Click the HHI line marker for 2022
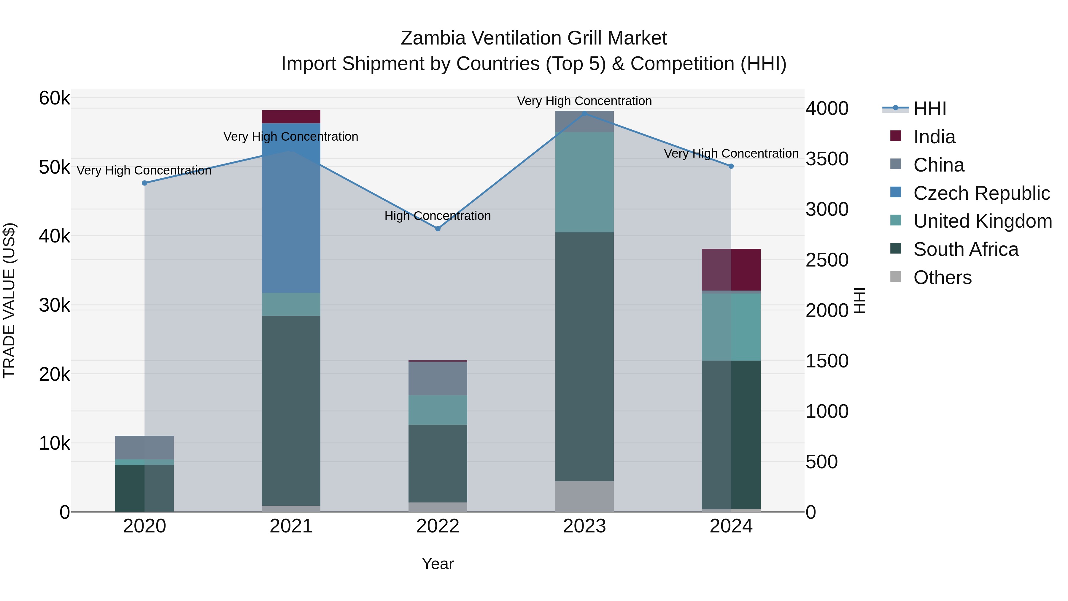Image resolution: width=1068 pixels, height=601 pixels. [438, 229]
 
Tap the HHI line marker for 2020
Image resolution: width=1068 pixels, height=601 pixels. [145, 183]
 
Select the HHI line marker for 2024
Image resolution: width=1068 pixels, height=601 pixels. [731, 166]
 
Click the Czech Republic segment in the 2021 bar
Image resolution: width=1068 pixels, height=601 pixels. [291, 207]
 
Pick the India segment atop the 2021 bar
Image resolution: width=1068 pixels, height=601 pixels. [291, 117]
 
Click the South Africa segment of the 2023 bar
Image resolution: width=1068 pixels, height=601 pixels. [584, 357]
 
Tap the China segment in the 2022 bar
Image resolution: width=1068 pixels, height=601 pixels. [438, 378]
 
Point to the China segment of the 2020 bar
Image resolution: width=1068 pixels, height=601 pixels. [145, 447]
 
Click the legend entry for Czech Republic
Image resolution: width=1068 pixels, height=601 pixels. [981, 193]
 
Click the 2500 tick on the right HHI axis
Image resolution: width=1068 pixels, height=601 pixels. [827, 261]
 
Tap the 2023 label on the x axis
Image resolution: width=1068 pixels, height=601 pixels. [584, 526]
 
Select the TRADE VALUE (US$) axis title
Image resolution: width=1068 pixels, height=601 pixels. [9, 300]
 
